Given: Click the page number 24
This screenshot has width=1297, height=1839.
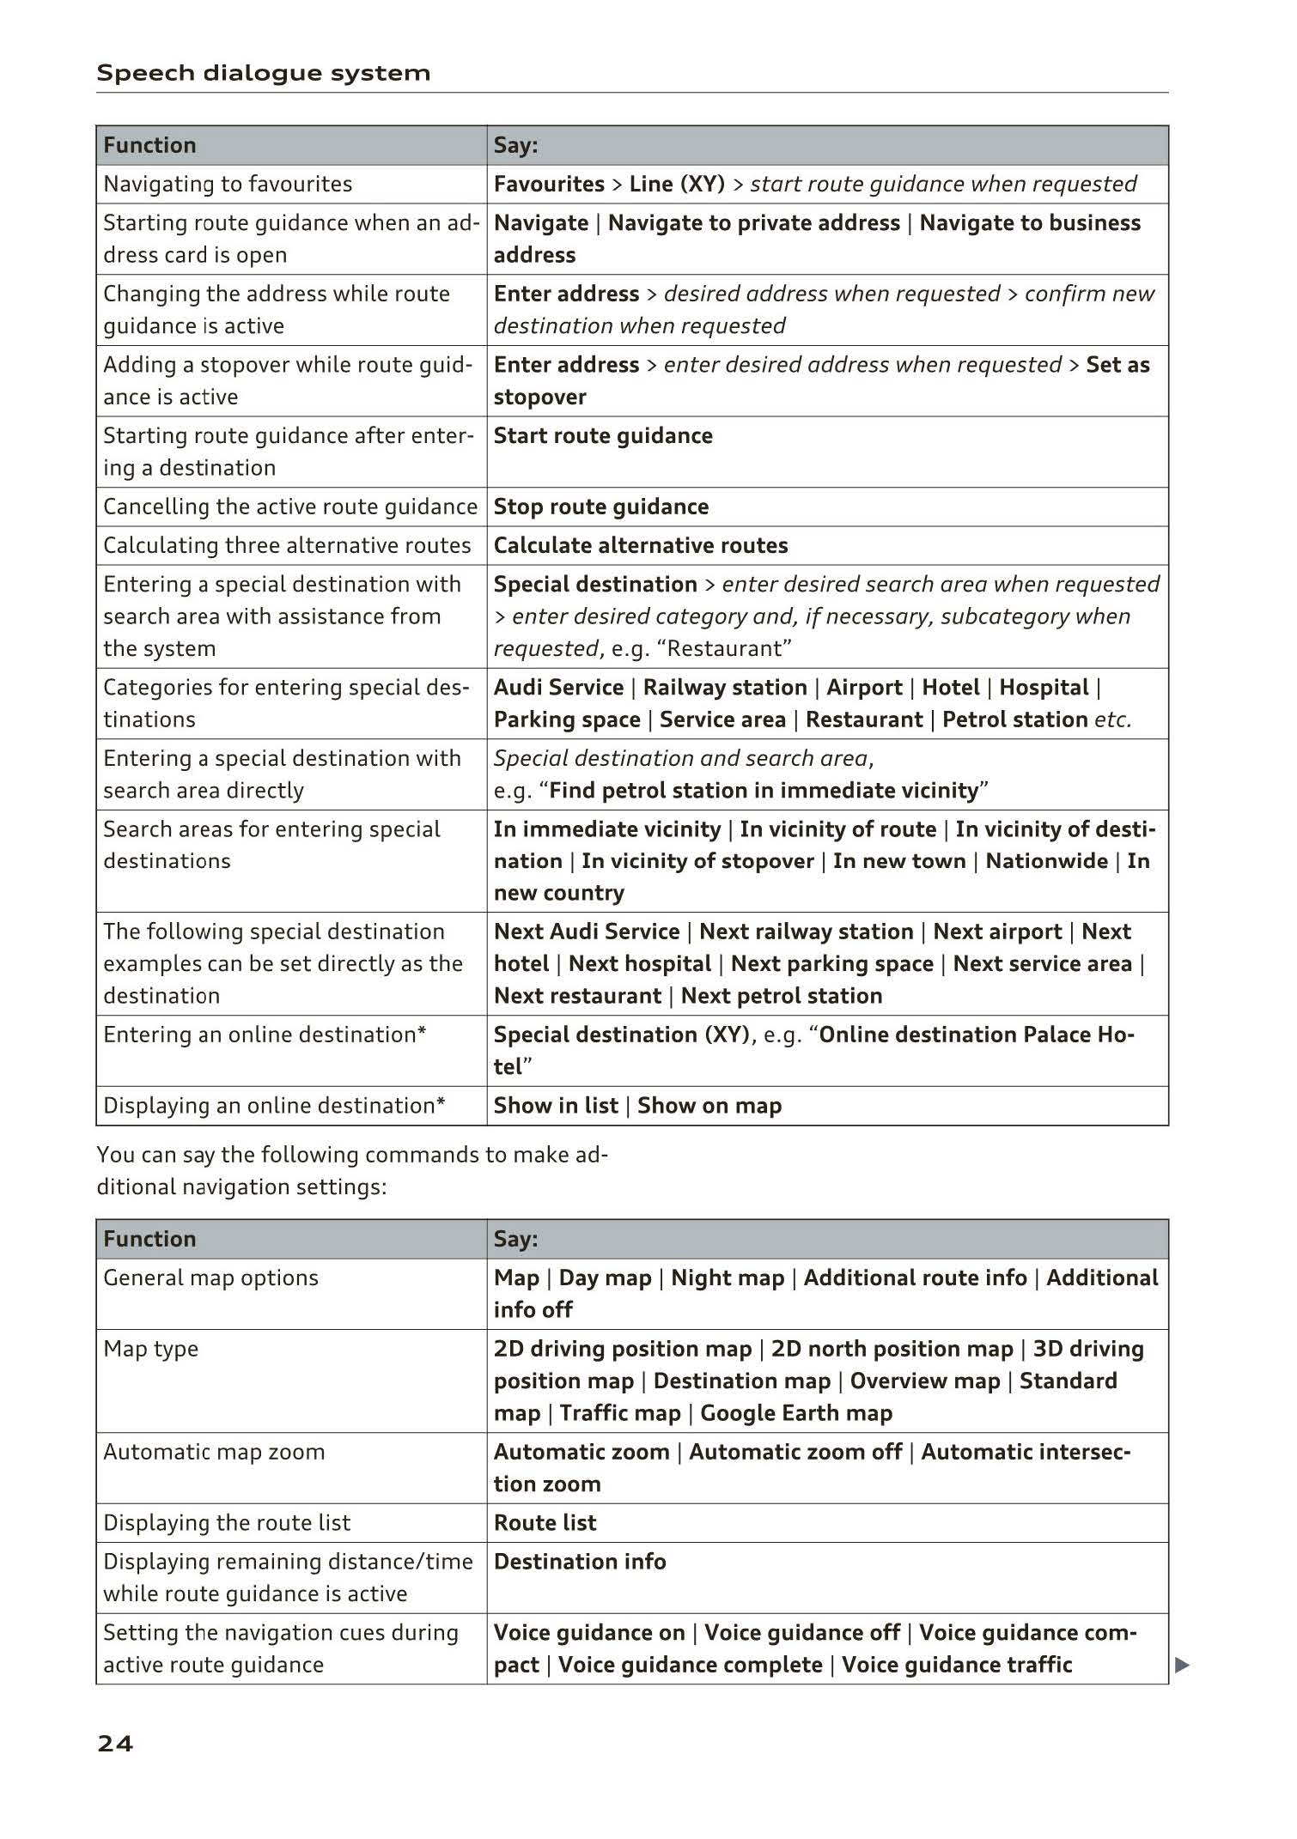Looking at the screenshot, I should coord(115,1743).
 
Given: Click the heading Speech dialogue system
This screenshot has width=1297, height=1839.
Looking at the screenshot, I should coord(263,73).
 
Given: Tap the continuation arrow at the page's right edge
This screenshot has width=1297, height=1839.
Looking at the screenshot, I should coord(1182,1665).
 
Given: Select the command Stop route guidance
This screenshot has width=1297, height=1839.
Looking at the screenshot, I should coord(601,507).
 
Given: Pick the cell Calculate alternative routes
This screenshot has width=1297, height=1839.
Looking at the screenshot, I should coord(641,545).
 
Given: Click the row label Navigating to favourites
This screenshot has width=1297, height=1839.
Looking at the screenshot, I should coord(228,184).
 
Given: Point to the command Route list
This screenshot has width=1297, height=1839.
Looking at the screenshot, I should coord(545,1522).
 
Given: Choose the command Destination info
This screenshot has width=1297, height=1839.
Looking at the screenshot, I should coord(580,1561).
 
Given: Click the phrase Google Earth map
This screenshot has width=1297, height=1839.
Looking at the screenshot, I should coord(796,1412).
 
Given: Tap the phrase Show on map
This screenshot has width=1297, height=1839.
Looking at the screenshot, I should coord(709,1105).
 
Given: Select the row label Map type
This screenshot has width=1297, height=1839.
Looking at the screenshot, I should coord(150,1348).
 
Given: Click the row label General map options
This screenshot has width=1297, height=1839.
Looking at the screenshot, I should coord(210,1278).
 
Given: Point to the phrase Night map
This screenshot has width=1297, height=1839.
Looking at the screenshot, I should coord(728,1278).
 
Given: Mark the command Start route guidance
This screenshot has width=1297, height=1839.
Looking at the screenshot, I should coord(603,435).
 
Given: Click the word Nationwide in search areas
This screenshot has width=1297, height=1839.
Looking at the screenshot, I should coord(1046,860).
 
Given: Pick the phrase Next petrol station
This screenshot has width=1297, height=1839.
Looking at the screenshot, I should coord(782,995).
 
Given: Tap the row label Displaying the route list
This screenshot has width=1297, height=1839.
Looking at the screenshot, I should coord(227,1522).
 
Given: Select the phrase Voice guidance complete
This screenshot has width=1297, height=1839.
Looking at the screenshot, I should coord(690,1664).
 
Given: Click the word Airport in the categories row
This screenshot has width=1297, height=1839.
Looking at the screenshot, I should coord(864,687).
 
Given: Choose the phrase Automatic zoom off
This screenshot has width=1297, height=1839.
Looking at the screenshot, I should coord(795,1451).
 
